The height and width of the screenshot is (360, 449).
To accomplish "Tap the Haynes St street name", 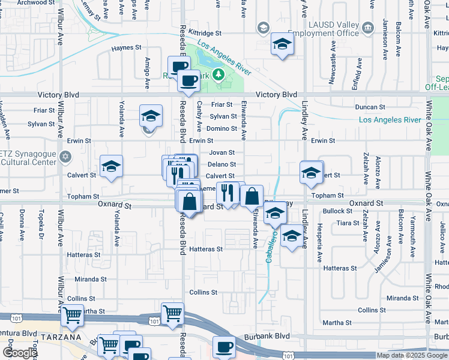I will (x=126, y=47).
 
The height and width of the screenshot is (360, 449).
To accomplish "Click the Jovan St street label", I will (x=221, y=153).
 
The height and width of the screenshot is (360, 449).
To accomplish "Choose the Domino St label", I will (x=224, y=128).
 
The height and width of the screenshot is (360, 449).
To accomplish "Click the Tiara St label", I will (x=348, y=223).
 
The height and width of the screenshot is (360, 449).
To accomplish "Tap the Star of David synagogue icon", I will (x=66, y=157).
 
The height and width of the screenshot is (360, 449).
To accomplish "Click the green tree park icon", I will (x=220, y=74).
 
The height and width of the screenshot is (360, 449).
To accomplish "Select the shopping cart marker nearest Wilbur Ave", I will (x=73, y=314).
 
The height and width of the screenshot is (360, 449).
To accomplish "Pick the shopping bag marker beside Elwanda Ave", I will (x=252, y=196).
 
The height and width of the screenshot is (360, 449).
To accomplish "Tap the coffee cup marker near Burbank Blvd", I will (x=224, y=347).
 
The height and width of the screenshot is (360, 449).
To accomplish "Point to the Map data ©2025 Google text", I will (x=411, y=355).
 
